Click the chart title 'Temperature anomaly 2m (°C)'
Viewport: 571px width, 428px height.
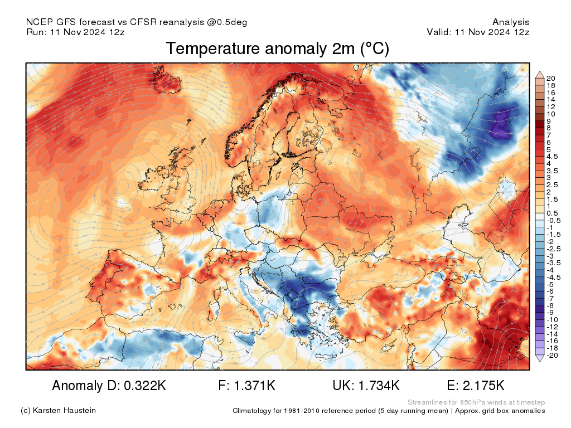tap(277, 49)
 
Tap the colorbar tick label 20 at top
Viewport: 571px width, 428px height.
tap(550, 78)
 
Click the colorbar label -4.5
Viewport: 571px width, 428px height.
tap(553, 277)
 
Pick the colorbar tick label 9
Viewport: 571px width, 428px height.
tap(549, 121)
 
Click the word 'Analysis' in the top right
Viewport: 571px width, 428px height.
tap(511, 22)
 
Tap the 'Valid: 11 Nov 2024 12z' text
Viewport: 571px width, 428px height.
tap(478, 32)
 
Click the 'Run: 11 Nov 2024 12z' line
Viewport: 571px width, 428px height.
tap(75, 32)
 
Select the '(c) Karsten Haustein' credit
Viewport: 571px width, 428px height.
tap(58, 411)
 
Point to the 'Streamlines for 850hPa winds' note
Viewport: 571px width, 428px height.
tap(476, 402)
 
